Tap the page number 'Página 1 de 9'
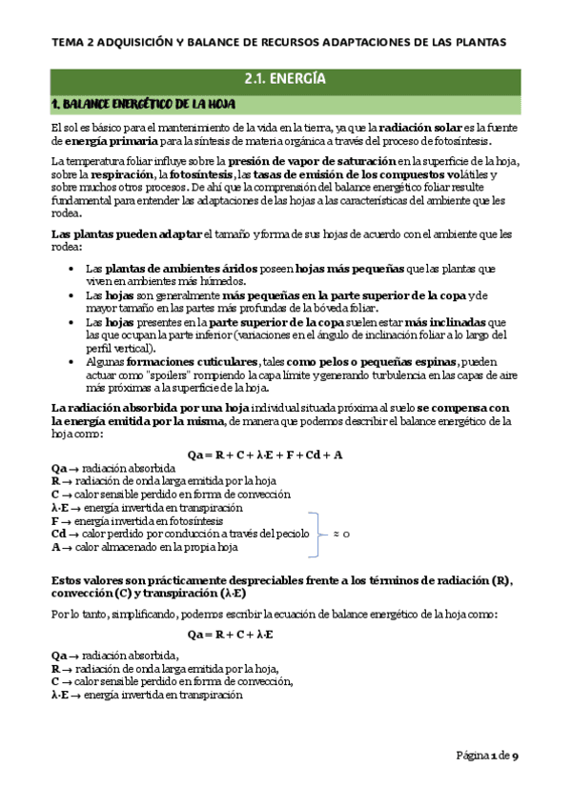point(486,756)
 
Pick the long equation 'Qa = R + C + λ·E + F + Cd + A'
point(277,454)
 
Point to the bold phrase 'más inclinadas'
point(459,322)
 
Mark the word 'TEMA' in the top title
point(68,41)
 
